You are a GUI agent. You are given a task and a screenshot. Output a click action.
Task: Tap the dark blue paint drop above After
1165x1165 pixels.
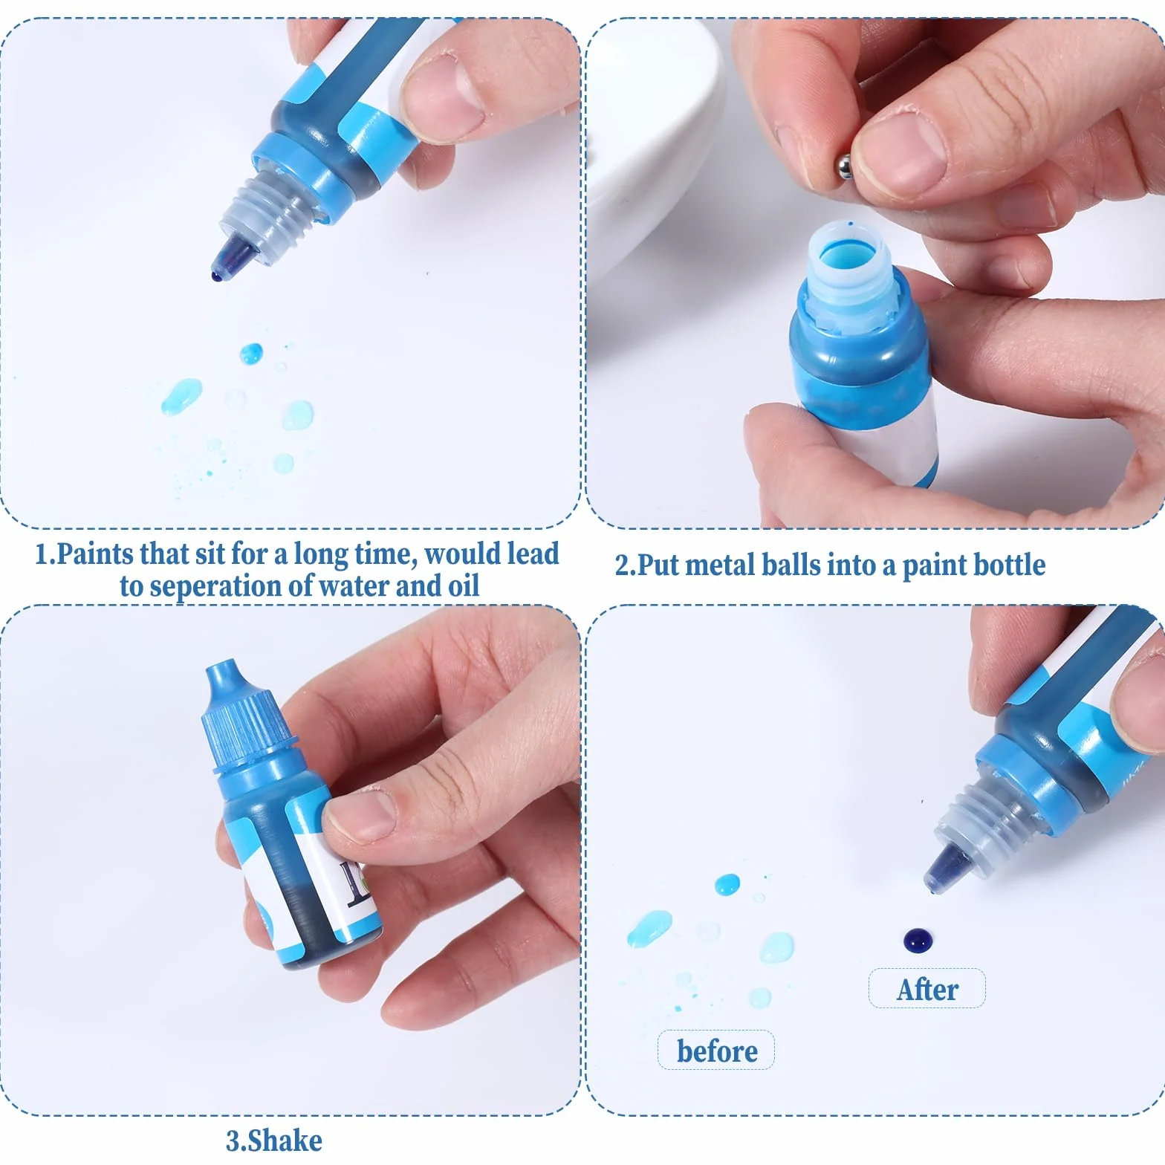[918, 940]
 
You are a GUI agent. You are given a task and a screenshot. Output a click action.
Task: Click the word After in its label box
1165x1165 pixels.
[927, 989]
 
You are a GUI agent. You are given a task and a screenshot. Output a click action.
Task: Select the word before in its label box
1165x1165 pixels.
[717, 1051]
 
